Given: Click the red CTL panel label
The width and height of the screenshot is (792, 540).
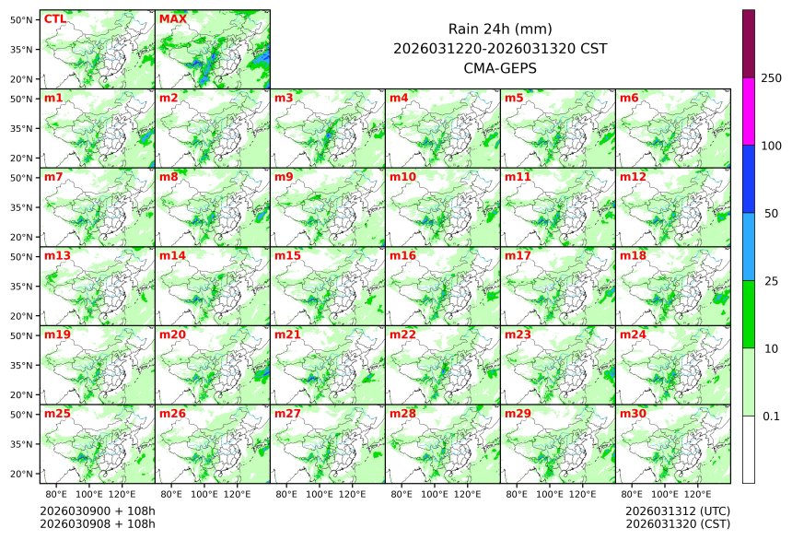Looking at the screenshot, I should click(54, 18).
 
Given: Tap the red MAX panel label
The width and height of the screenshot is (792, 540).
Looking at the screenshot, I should click(172, 18).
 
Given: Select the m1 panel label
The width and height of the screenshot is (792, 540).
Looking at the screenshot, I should click(53, 98).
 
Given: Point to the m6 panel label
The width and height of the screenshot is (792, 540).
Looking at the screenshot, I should click(629, 98).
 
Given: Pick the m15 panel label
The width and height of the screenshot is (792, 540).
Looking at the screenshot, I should click(287, 255).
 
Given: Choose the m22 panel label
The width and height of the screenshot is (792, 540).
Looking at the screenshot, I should click(402, 335).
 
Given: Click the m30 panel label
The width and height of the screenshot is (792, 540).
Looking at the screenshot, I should click(633, 414).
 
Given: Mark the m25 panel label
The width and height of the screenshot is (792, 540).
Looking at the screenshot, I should click(57, 414).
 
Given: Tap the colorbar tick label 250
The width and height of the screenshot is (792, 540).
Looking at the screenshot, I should click(771, 78).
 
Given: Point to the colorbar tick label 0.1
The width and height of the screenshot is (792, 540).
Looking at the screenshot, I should click(771, 417).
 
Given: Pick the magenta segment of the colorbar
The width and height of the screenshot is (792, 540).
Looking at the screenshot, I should click(749, 112).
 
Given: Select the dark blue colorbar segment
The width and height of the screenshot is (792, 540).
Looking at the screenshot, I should click(749, 179).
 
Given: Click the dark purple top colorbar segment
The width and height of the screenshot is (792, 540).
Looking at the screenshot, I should click(749, 43).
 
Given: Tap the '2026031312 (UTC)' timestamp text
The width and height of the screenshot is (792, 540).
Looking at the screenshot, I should click(677, 511).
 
